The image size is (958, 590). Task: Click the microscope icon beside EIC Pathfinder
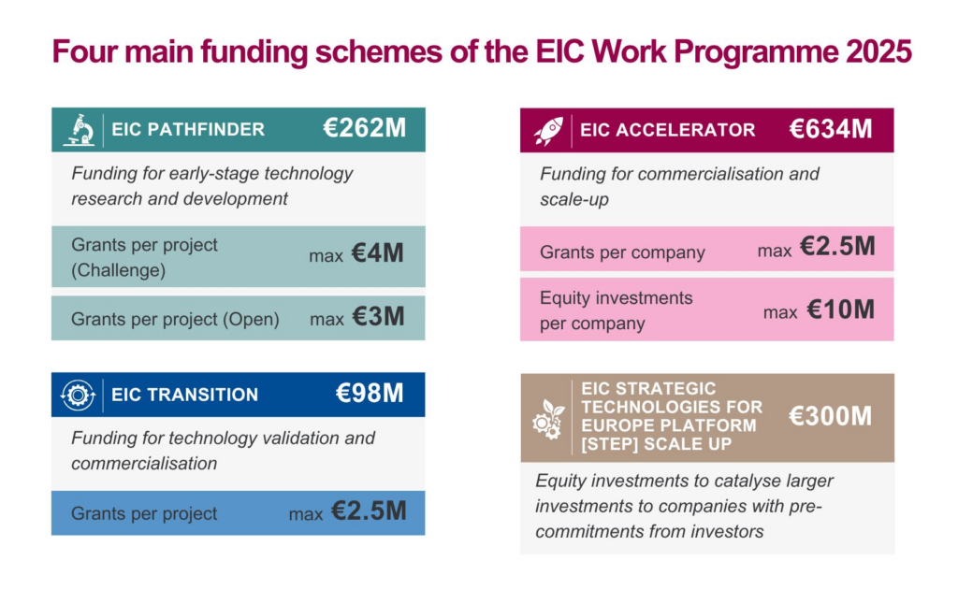pyautogui.click(x=78, y=130)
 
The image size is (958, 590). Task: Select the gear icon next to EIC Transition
pyautogui.click(x=78, y=394)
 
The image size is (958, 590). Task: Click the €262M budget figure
pyautogui.click(x=365, y=129)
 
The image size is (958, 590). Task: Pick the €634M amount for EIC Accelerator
pyautogui.click(x=831, y=129)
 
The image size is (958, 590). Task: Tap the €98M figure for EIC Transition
pyautogui.click(x=370, y=394)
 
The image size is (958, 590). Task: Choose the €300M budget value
pyautogui.click(x=831, y=416)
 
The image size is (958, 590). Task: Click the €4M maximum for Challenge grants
pyautogui.click(x=378, y=254)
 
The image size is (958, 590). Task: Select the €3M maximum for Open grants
pyautogui.click(x=378, y=318)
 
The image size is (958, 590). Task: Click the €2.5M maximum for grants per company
pyautogui.click(x=838, y=249)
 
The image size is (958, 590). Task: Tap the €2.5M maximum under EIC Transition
pyautogui.click(x=369, y=512)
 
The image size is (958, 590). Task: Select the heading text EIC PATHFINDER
pyautogui.click(x=188, y=130)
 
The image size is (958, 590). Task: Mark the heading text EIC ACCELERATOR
pyautogui.click(x=667, y=130)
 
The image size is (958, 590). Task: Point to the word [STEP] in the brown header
pyautogui.click(x=608, y=444)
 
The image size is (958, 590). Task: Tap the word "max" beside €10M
pyautogui.click(x=779, y=312)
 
